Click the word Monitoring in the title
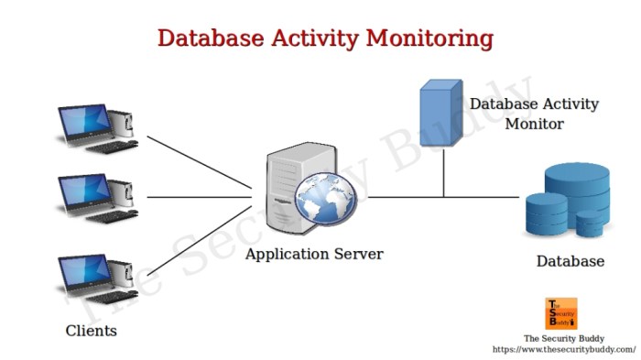pos(429,38)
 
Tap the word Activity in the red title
pos(308,38)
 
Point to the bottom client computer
pos(97,278)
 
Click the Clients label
pos(92,330)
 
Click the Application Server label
pos(314,254)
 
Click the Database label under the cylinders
pos(570,261)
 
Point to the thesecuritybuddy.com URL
pos(563,349)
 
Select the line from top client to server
pos(199,163)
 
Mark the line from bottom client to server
pos(199,242)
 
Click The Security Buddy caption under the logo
pos(563,337)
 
